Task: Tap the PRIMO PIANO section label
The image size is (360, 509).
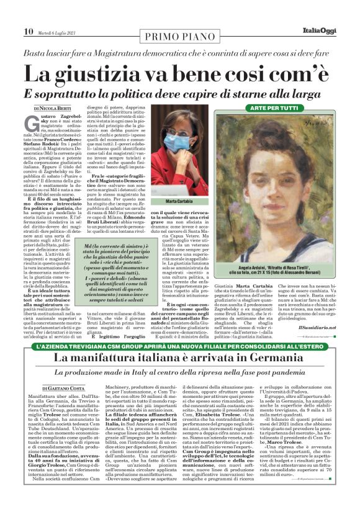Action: coord(178,38)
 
